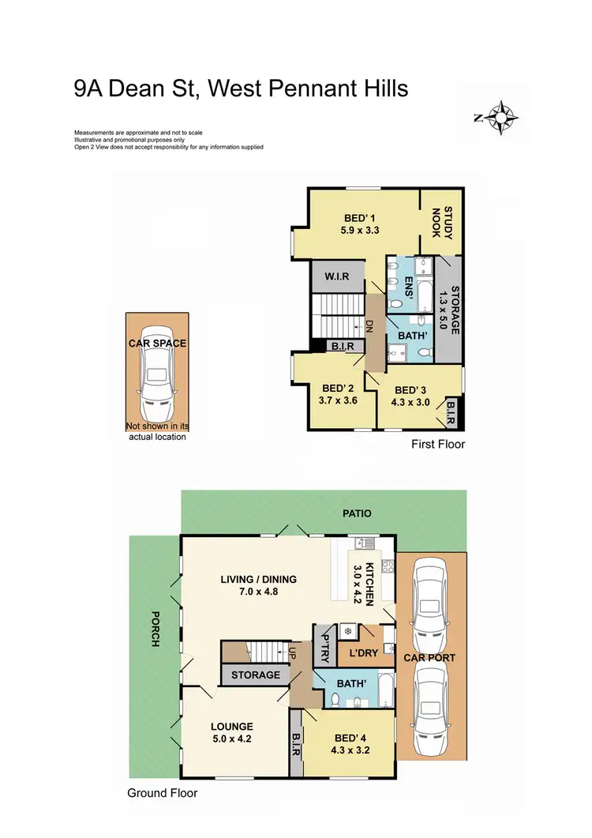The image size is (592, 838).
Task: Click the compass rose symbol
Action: point(500,118)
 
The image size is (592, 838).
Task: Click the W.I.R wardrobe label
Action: point(336,277)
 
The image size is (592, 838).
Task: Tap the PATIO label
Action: point(356,513)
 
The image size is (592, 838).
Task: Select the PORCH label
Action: point(155,629)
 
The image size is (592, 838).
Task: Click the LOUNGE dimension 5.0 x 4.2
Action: point(231,740)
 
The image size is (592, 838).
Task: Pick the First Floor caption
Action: point(438,445)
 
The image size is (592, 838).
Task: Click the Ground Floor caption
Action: point(163,793)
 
